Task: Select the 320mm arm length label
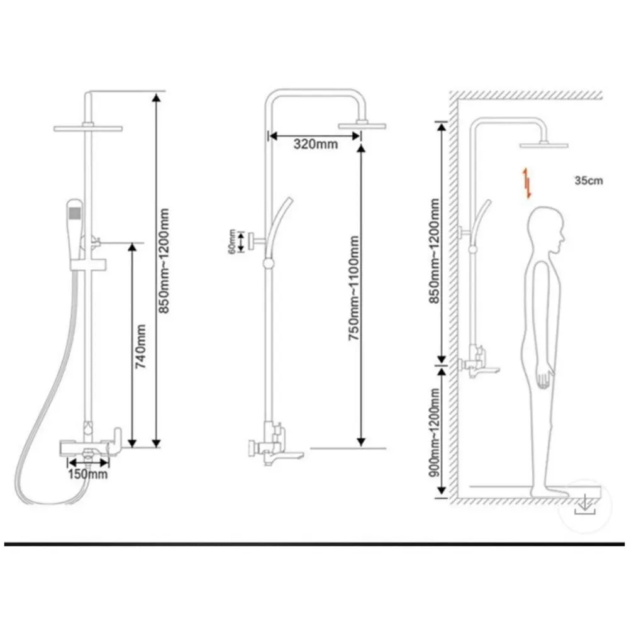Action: [316, 144]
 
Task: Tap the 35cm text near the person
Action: [588, 181]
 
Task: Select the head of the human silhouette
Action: [545, 231]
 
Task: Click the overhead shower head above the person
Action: [543, 145]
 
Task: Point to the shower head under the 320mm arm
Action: [360, 125]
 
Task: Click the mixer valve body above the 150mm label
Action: [88, 448]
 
